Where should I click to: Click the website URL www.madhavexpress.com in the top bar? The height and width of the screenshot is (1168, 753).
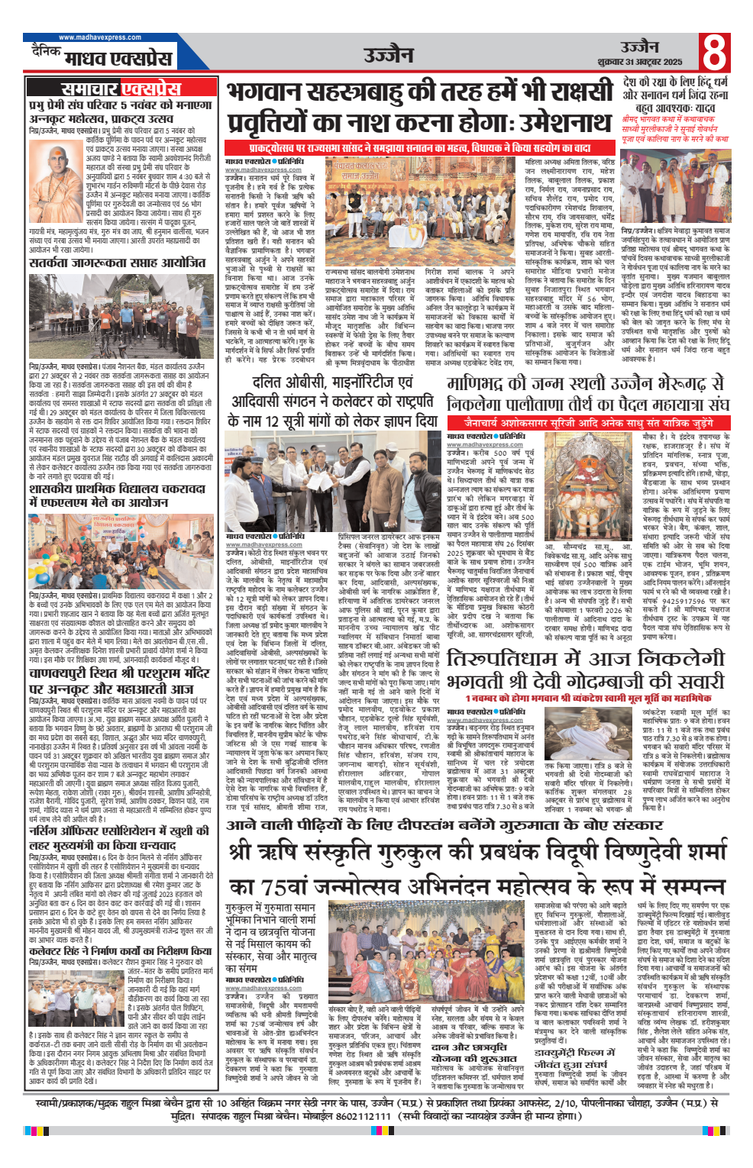click(x=100, y=37)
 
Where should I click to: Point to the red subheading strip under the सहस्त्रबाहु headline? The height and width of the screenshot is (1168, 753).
click(x=420, y=148)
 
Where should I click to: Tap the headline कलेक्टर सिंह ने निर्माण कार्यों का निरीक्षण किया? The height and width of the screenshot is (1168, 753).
click(x=120, y=951)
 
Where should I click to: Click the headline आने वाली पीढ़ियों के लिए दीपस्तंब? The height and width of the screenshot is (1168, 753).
click(x=434, y=825)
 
